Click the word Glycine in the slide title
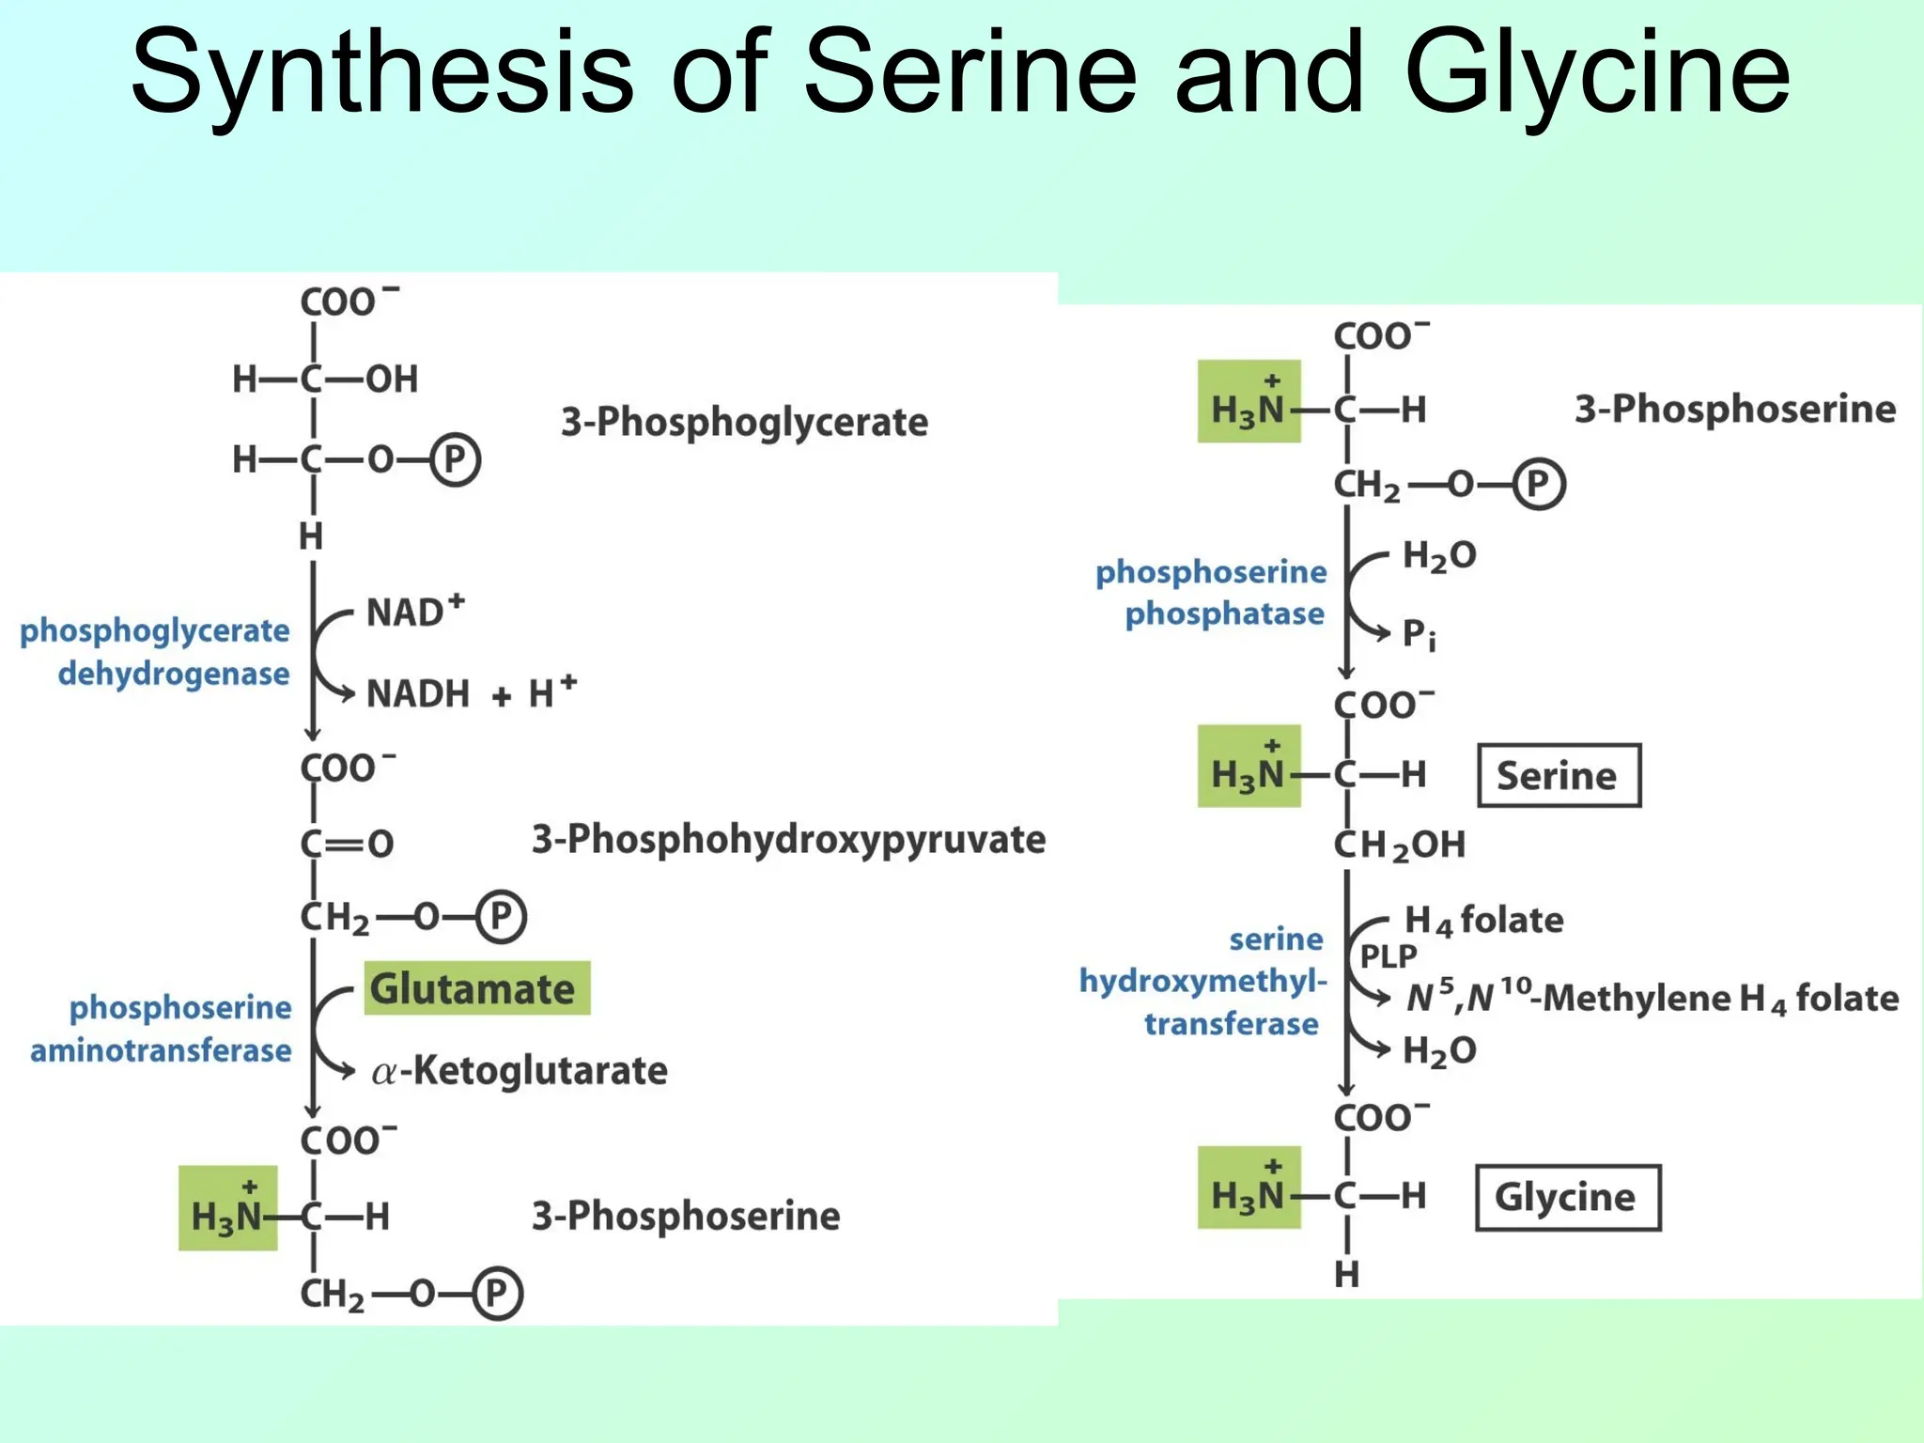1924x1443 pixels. (1597, 73)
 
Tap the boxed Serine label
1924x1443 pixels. (1559, 776)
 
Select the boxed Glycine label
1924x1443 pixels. (1567, 1197)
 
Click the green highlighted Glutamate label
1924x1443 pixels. (476, 988)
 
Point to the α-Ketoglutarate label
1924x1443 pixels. (520, 1070)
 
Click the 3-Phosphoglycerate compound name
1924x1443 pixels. (744, 422)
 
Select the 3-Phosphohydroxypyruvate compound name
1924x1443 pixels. (788, 839)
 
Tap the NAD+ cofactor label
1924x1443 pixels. (414, 612)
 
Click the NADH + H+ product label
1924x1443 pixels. (470, 693)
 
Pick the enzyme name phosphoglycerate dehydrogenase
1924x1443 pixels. (156, 652)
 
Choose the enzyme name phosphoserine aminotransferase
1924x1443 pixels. (162, 1029)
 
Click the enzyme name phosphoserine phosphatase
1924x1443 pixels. (1212, 592)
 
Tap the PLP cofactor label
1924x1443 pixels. (1388, 956)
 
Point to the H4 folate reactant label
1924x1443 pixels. (1483, 921)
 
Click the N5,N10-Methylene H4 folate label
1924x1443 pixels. (1652, 998)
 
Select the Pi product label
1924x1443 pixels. (1419, 635)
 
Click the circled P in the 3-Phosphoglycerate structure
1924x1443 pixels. (456, 460)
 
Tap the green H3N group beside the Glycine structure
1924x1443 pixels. (1249, 1188)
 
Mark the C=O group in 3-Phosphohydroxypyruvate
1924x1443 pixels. (348, 844)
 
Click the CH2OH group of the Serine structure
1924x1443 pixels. (1400, 846)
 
